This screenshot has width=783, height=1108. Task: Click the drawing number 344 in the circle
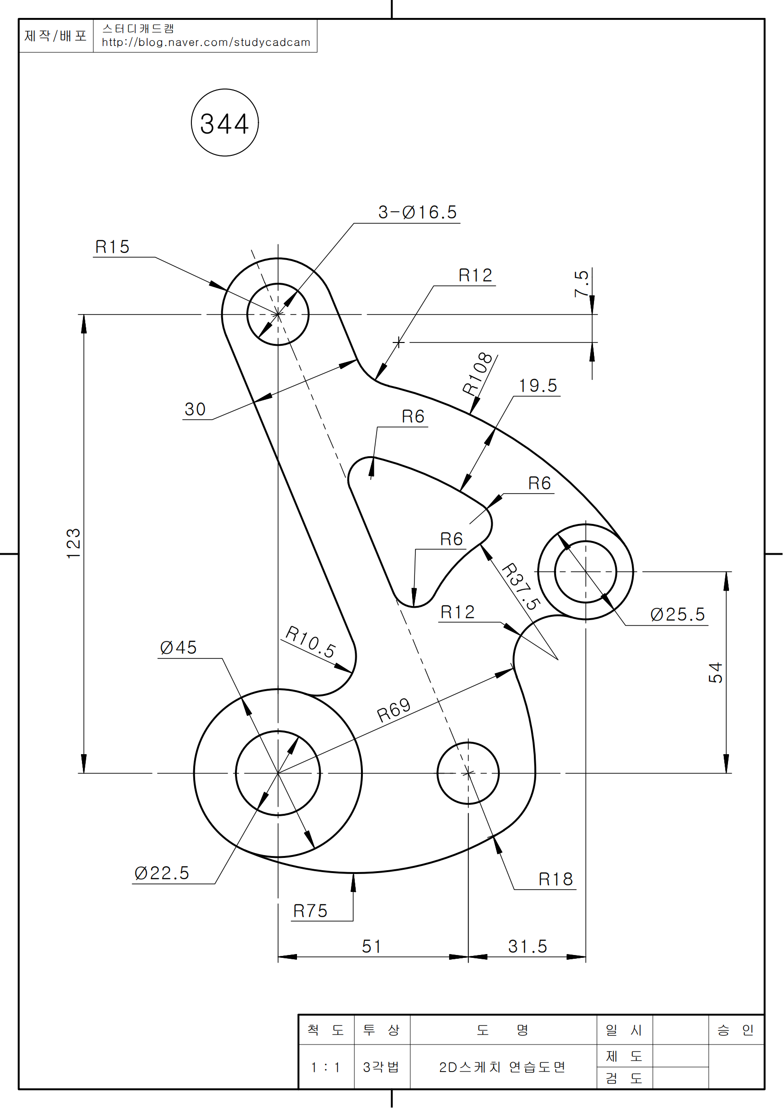[225, 124]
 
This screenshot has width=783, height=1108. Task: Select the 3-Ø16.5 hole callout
[417, 212]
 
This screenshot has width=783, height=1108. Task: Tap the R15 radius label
[112, 247]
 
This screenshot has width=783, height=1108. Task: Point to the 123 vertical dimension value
[74, 543]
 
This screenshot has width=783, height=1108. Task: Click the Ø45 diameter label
[179, 648]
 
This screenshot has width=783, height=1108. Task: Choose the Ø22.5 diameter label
[162, 873]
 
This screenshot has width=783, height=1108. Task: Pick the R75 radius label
[310, 911]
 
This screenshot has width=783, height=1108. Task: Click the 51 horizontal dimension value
[371, 946]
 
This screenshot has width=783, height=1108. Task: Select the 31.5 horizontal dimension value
[527, 946]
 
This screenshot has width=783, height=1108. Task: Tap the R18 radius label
[555, 879]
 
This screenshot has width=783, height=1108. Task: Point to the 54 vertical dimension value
[715, 672]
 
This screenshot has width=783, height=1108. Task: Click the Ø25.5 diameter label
[677, 614]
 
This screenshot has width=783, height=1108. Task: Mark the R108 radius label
[477, 374]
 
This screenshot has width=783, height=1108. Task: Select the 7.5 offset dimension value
[582, 283]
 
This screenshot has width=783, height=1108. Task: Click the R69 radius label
[394, 711]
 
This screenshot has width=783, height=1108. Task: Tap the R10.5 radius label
[310, 642]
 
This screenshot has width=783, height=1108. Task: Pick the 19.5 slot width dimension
[538, 386]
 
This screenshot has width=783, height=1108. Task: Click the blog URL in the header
[206, 43]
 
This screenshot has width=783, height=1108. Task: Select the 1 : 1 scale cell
[325, 1067]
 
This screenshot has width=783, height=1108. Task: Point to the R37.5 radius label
[521, 586]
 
